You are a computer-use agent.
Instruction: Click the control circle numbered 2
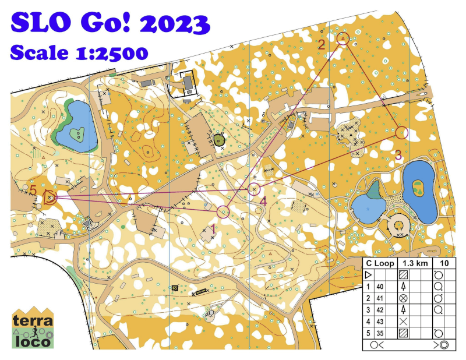(x=343, y=38)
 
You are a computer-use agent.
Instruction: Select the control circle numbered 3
(x=401, y=133)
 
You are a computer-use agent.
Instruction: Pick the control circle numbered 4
(x=253, y=189)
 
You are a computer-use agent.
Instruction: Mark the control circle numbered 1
(x=223, y=211)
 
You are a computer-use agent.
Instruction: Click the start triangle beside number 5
(x=49, y=197)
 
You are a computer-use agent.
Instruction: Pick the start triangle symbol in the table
(x=368, y=274)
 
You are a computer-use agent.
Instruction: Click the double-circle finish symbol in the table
(x=444, y=344)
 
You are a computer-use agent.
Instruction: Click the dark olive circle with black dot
(x=220, y=140)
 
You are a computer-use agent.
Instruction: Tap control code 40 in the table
(x=380, y=286)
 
